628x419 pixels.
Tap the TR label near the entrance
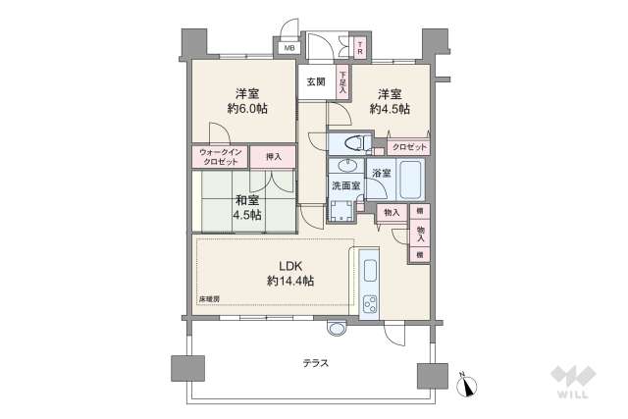click(360, 47)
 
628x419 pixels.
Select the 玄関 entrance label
click(315, 81)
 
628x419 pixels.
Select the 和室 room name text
click(246, 200)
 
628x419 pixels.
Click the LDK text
click(289, 265)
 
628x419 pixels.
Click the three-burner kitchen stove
click(371, 304)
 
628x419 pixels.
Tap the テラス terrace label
click(315, 362)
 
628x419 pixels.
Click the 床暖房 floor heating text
click(209, 298)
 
